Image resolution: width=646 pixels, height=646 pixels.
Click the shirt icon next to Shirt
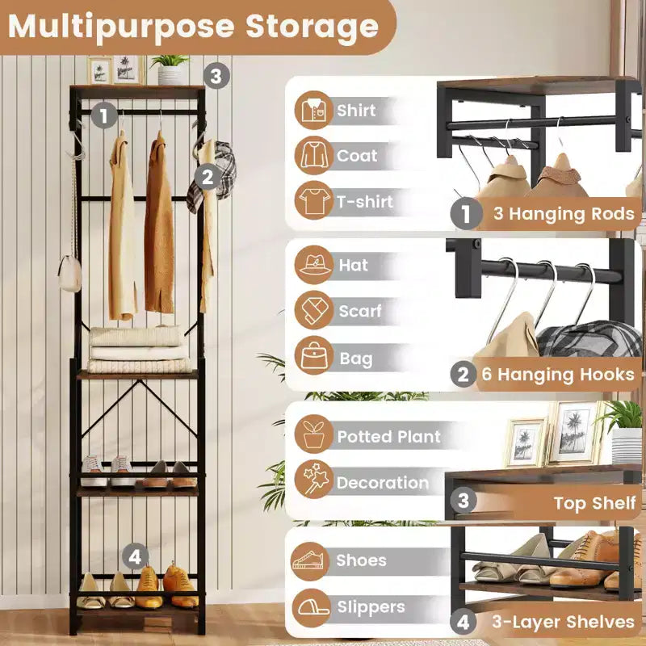coord(313,110)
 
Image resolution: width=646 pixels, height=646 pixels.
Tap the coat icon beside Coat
coord(313,155)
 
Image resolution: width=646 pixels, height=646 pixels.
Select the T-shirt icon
coord(313,200)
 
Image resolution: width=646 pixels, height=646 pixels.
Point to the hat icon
coord(313,265)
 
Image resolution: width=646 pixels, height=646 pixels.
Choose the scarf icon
coord(313,310)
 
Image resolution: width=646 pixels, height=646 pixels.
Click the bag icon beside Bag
coord(313,355)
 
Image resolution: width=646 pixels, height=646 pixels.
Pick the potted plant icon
coord(313,434)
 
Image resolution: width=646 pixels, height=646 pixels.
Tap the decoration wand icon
coord(313,480)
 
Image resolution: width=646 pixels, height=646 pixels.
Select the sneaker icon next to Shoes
coord(311,561)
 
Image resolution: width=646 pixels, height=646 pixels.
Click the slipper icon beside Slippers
coord(311,607)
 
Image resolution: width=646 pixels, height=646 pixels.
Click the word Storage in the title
coord(312,27)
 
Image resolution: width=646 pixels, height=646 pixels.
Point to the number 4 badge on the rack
coord(135,556)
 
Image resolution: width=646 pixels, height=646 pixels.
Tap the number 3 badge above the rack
coord(216,76)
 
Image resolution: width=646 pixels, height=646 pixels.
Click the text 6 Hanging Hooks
coord(557,375)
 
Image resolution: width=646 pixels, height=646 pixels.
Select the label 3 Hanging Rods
coord(563,213)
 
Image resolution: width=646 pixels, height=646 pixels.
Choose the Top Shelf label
coord(594,503)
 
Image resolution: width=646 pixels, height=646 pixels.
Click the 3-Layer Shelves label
coord(563,622)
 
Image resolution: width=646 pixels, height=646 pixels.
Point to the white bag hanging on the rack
coord(69,273)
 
